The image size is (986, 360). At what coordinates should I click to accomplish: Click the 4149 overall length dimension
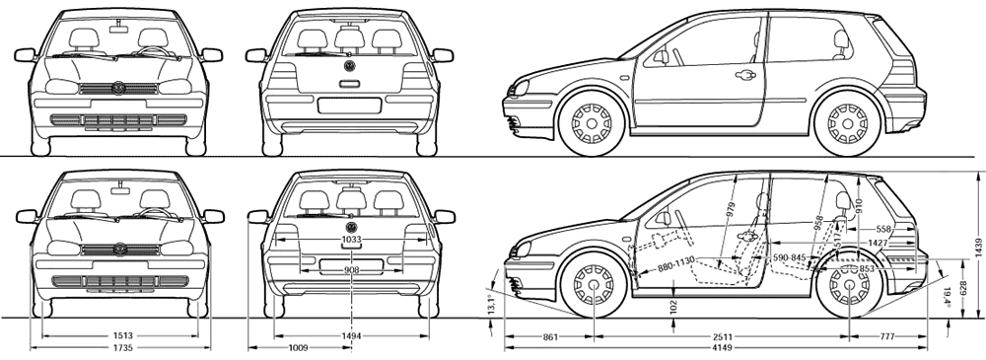pos(716,347)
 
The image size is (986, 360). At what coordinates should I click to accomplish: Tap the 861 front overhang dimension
pos(550,337)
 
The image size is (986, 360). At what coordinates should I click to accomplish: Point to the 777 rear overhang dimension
pos(886,337)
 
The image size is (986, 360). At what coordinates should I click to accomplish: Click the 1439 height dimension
pos(976,247)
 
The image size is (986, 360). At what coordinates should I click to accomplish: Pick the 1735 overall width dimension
pos(118,347)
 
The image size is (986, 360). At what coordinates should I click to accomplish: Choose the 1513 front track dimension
pos(118,336)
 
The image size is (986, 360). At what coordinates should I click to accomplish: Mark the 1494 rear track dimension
pos(352,336)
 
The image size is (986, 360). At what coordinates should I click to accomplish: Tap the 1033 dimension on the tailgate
pos(352,240)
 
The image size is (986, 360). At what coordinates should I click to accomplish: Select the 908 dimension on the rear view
pos(352,270)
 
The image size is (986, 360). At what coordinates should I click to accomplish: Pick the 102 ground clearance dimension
pos(673,307)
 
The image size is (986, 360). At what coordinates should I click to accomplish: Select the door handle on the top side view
pos(744,75)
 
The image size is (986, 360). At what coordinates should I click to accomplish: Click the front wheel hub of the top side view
pos(591,122)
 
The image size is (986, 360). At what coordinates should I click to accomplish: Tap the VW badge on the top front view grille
pos(118,88)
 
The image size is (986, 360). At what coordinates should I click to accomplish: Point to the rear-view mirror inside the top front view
pos(117,29)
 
